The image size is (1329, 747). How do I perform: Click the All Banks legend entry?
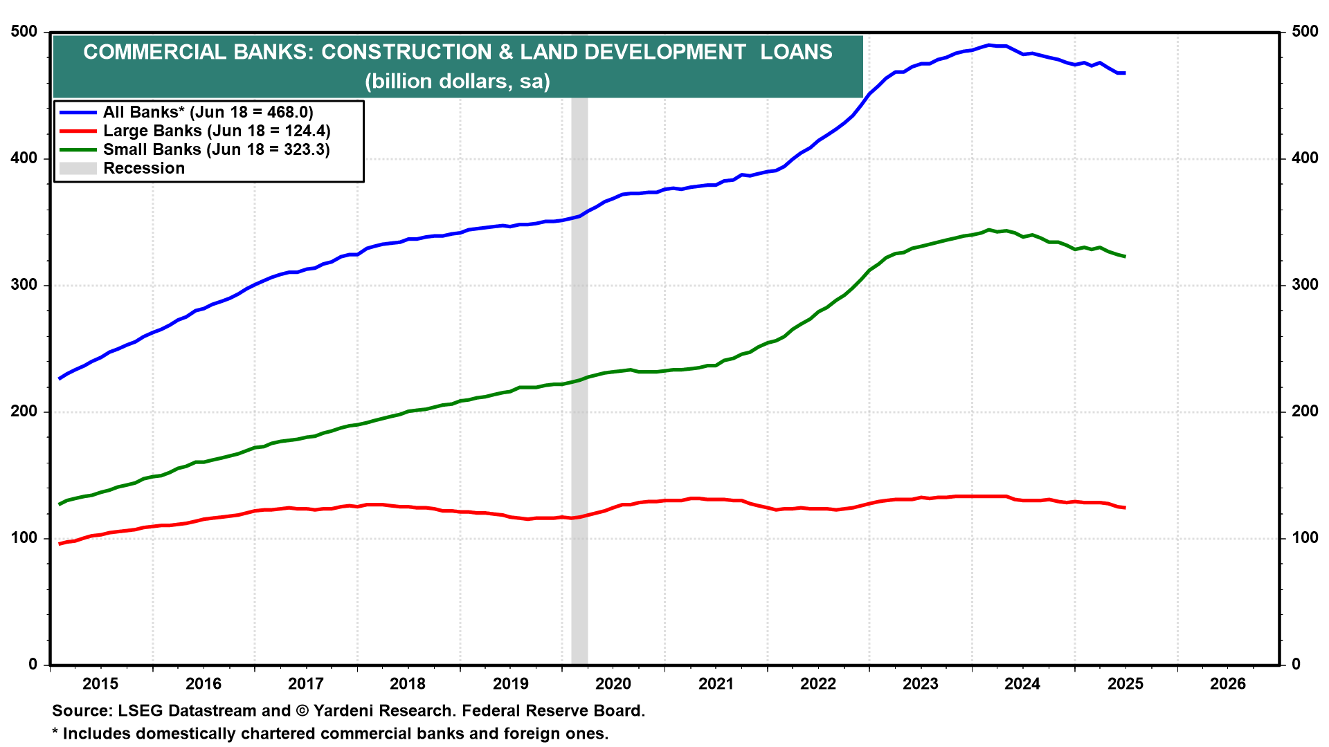tap(208, 112)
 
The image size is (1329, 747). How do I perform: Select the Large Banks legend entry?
tap(217, 131)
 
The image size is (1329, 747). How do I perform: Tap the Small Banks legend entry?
tap(216, 149)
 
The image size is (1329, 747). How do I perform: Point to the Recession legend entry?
tap(144, 168)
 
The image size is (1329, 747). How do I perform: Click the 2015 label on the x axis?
tap(100, 684)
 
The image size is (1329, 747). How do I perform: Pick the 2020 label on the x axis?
tap(613, 684)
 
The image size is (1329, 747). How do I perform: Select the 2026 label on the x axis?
tap(1228, 684)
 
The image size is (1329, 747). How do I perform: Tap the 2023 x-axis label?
tap(921, 684)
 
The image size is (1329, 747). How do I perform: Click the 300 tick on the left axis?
tap(24, 285)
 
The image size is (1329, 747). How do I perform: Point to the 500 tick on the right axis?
tap(1305, 32)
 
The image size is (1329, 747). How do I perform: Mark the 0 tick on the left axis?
tap(33, 665)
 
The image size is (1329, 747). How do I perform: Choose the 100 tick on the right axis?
tap(1305, 538)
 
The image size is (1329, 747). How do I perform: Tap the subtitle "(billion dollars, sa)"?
tap(458, 82)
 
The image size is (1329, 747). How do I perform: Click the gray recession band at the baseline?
tap(579, 657)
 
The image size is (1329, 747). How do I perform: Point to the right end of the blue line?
tap(1125, 73)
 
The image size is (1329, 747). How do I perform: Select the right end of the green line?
tap(1125, 257)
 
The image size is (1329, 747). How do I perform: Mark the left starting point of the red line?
tap(60, 544)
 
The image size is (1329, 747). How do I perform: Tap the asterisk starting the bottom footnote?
tap(55, 732)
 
